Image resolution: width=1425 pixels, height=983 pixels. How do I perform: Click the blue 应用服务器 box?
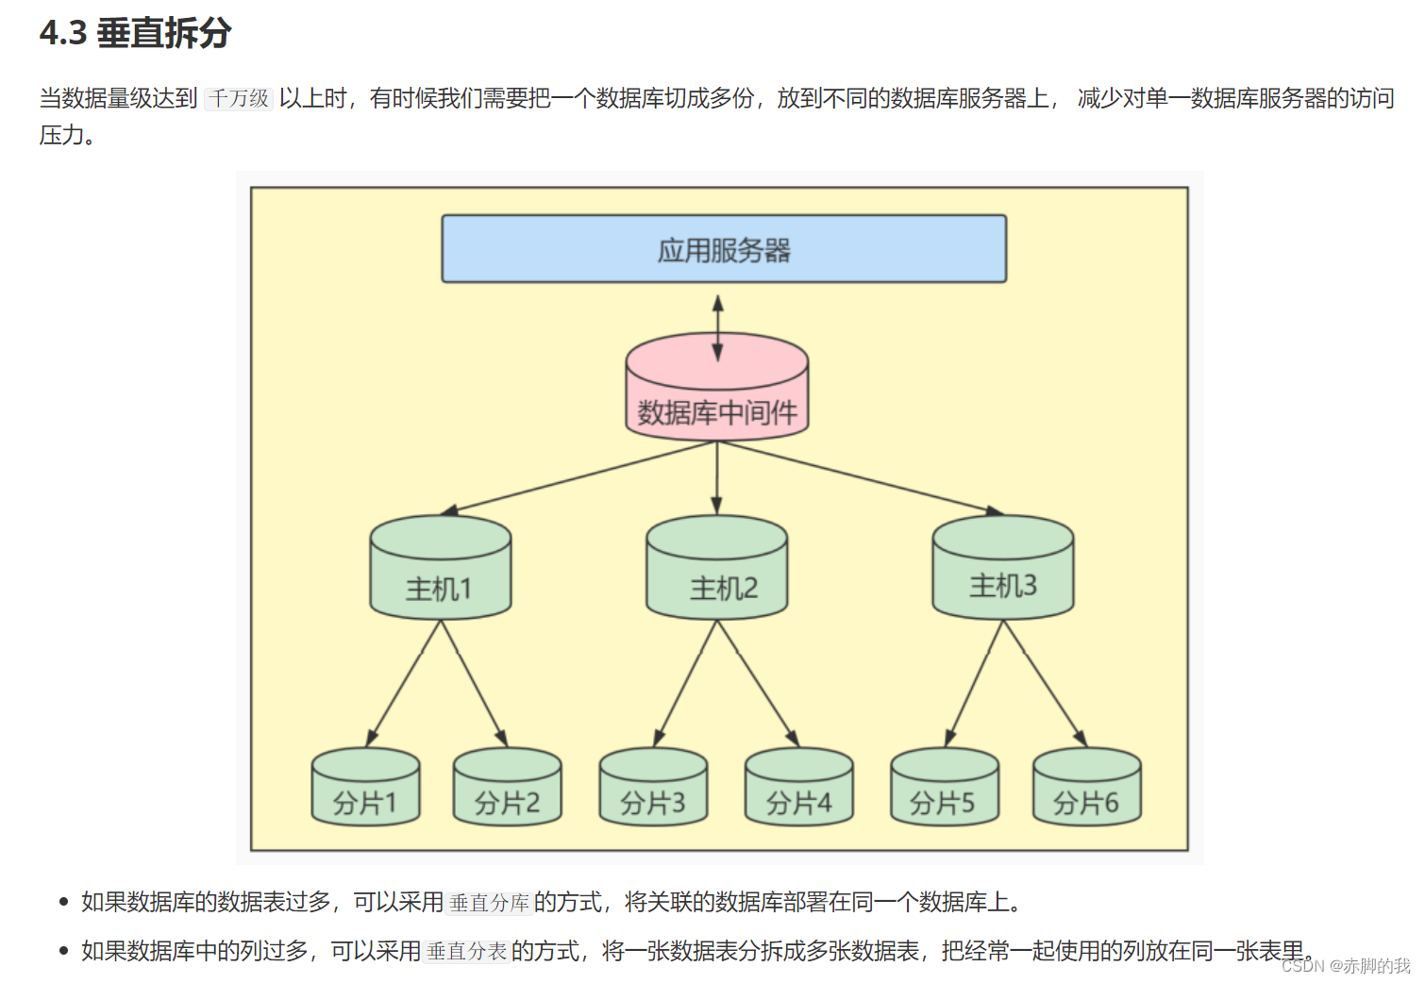(724, 249)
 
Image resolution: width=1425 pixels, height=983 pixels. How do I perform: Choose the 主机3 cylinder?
(1002, 571)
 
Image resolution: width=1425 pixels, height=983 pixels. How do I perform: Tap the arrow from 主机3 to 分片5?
(974, 682)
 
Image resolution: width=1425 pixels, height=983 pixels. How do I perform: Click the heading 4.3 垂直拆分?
(136, 33)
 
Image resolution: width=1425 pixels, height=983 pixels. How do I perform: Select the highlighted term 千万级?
(239, 98)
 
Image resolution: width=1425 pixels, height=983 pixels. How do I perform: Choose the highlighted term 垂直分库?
(489, 903)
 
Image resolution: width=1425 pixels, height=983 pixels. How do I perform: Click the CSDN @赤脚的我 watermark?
(1345, 966)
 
